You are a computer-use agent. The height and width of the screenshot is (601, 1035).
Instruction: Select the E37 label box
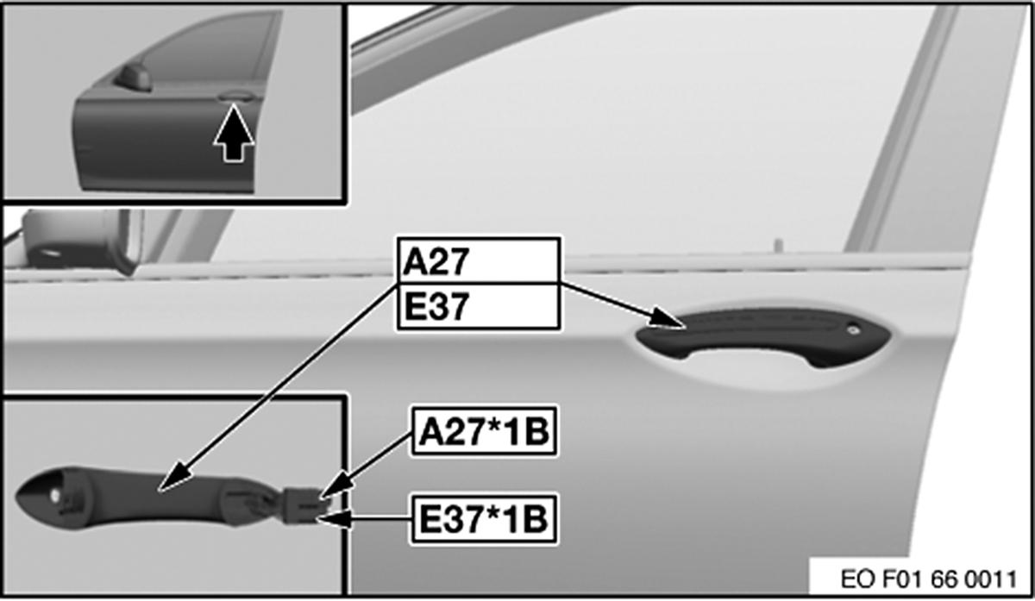click(478, 307)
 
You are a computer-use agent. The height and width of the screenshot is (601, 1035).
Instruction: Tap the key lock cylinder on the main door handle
click(852, 330)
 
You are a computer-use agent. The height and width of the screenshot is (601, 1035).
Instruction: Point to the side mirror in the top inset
click(133, 78)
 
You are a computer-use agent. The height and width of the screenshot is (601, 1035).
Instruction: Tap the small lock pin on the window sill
click(779, 246)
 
